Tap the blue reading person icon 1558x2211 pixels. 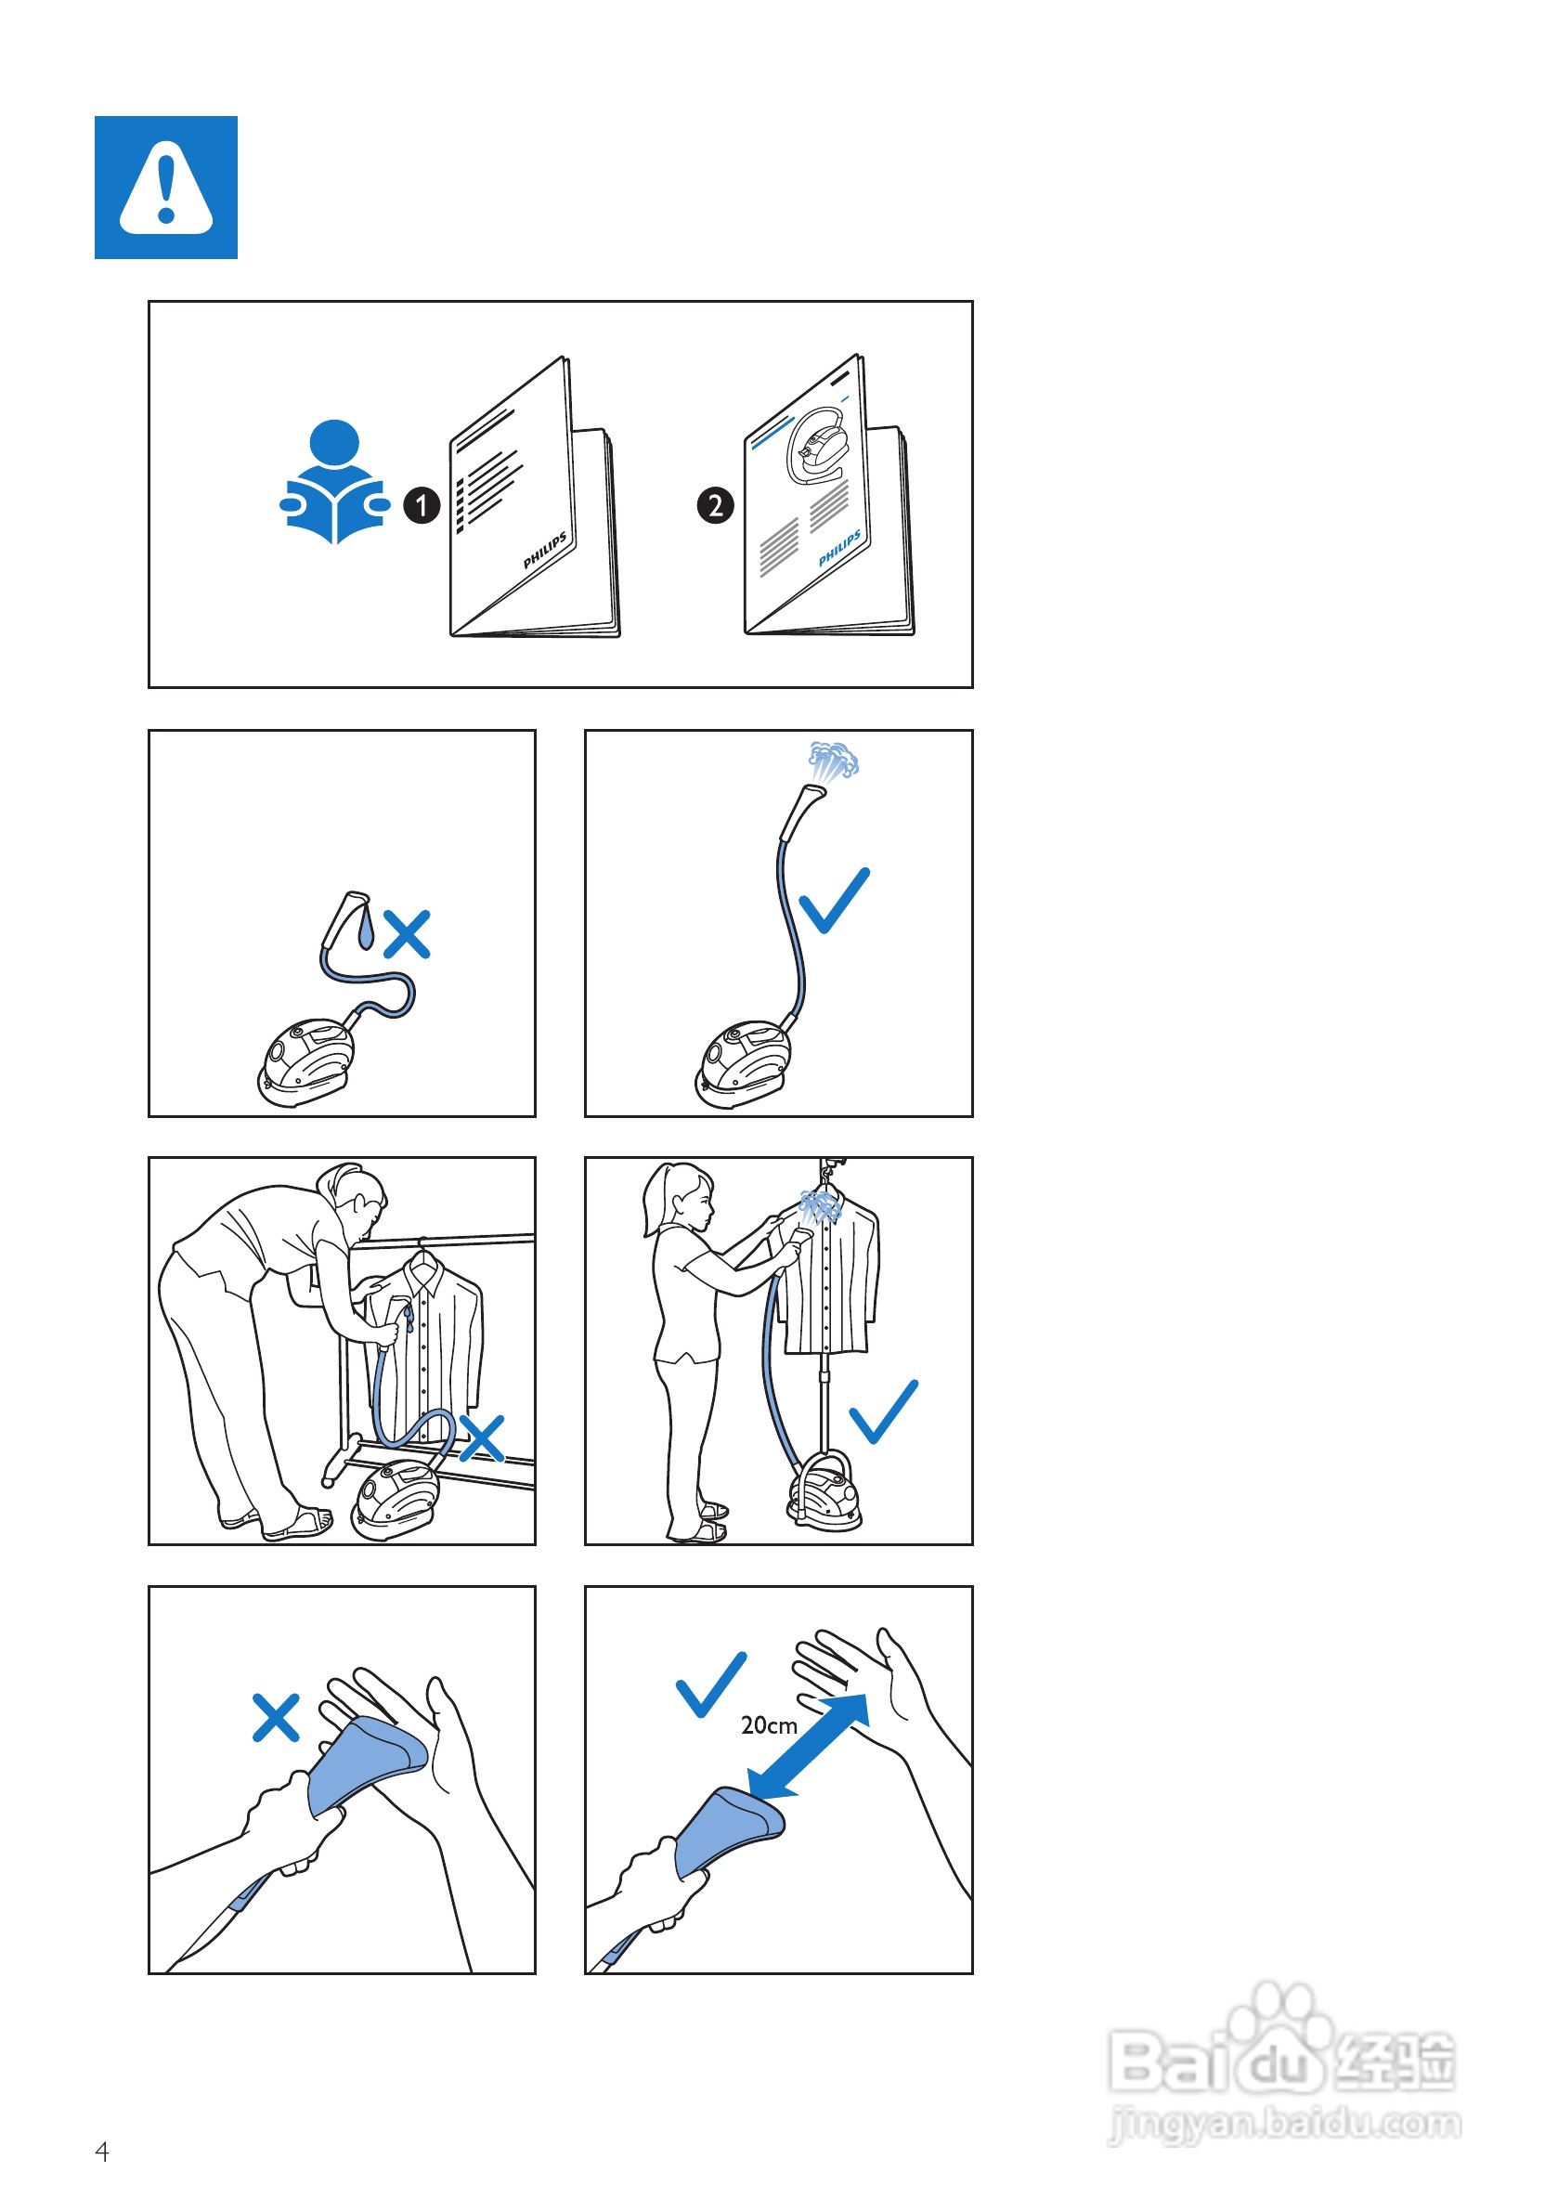coord(334,482)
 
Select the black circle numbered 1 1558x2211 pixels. coord(422,504)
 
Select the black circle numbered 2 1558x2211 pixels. coord(715,504)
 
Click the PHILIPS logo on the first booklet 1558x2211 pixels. coord(545,550)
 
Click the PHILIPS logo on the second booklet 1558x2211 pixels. coord(839,548)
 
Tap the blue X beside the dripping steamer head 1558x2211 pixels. coord(408,934)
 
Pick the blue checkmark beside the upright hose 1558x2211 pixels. coord(834,902)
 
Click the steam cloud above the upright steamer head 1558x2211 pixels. coord(833,761)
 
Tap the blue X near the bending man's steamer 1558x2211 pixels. coord(482,1438)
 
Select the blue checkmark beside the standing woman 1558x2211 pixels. coord(883,1411)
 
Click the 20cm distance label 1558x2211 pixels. coord(770,1724)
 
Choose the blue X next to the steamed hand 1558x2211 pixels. coord(276,1718)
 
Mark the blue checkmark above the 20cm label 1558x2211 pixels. coord(711,1684)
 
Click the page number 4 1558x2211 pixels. coord(102,2152)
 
